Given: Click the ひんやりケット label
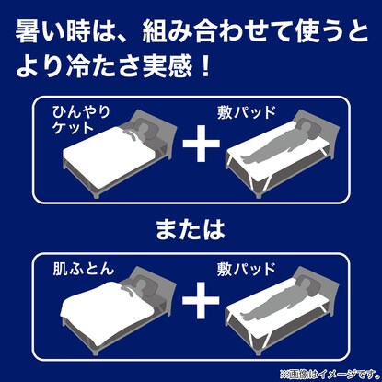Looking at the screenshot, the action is pyautogui.click(x=81, y=119).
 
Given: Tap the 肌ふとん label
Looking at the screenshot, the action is pyautogui.click(x=84, y=270).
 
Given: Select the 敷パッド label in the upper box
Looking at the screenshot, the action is pyautogui.click(x=247, y=112).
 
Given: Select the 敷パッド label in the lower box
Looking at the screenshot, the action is pyautogui.click(x=247, y=269).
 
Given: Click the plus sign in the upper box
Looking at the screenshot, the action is pyautogui.click(x=202, y=144).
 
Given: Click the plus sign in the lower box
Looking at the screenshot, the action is pyautogui.click(x=201, y=300).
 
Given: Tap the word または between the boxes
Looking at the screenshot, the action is pyautogui.click(x=191, y=229).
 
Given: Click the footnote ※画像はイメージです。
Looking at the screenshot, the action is pyautogui.click(x=330, y=374).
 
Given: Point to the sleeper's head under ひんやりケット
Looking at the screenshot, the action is pyautogui.click(x=144, y=127).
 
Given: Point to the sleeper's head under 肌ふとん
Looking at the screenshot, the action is pyautogui.click(x=142, y=284).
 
